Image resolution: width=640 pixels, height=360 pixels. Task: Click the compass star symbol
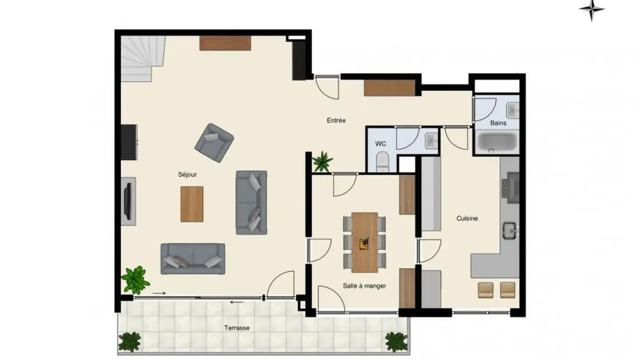pyautogui.click(x=592, y=10)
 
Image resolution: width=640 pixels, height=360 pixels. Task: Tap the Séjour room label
pyautogui.click(x=187, y=175)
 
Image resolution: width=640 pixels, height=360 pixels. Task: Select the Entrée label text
pyautogui.click(x=336, y=120)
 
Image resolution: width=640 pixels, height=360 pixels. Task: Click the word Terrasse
pyautogui.click(x=236, y=328)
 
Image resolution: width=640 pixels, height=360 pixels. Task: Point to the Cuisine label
pyautogui.click(x=467, y=218)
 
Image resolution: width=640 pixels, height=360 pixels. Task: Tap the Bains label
pyautogui.click(x=498, y=123)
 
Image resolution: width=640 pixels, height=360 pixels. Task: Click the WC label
pyautogui.click(x=380, y=144)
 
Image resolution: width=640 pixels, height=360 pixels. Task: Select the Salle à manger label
pyautogui.click(x=364, y=286)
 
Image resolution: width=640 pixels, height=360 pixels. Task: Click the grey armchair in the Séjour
pyautogui.click(x=214, y=142)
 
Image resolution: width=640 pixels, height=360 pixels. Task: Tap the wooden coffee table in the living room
pyautogui.click(x=192, y=204)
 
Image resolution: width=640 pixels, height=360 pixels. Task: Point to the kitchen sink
pyautogui.click(x=508, y=230)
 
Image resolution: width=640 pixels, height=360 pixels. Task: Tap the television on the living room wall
pyautogui.click(x=128, y=201)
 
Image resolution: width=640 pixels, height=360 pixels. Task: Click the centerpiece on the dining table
pyautogui.click(x=364, y=243)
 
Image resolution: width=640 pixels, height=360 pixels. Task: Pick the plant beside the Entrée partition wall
pyautogui.click(x=322, y=161)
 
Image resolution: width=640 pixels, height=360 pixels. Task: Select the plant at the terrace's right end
pyautogui.click(x=396, y=341)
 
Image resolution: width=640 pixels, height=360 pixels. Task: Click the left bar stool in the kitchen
pyautogui.click(x=485, y=290)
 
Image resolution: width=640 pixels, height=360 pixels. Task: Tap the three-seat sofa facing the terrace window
pyautogui.click(x=193, y=259)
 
